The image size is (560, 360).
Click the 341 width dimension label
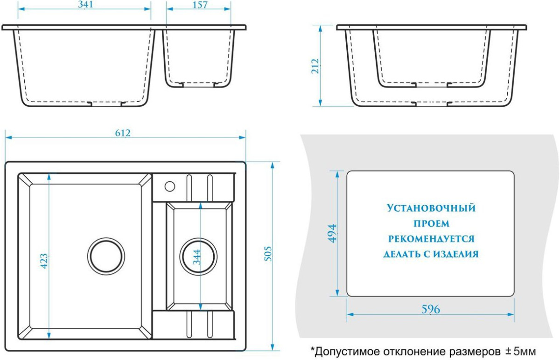coord(85,5)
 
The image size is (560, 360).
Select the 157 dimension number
coord(200,5)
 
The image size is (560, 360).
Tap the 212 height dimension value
coord(315,66)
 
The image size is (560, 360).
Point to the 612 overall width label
coord(123,133)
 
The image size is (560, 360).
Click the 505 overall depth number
coord(268,254)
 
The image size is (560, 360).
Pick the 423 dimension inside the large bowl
coord(44,261)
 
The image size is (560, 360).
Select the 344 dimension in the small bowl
coord(197,257)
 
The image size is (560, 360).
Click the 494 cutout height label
coord(332,234)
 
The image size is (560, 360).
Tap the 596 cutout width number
coord(431,310)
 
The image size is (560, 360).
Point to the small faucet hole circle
coord(170,187)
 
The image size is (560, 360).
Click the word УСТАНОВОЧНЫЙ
coord(431,208)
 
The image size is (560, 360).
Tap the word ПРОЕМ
coord(432,223)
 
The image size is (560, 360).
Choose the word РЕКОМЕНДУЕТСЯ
coord(431,239)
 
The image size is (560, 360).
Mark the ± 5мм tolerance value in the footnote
coord(520,352)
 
